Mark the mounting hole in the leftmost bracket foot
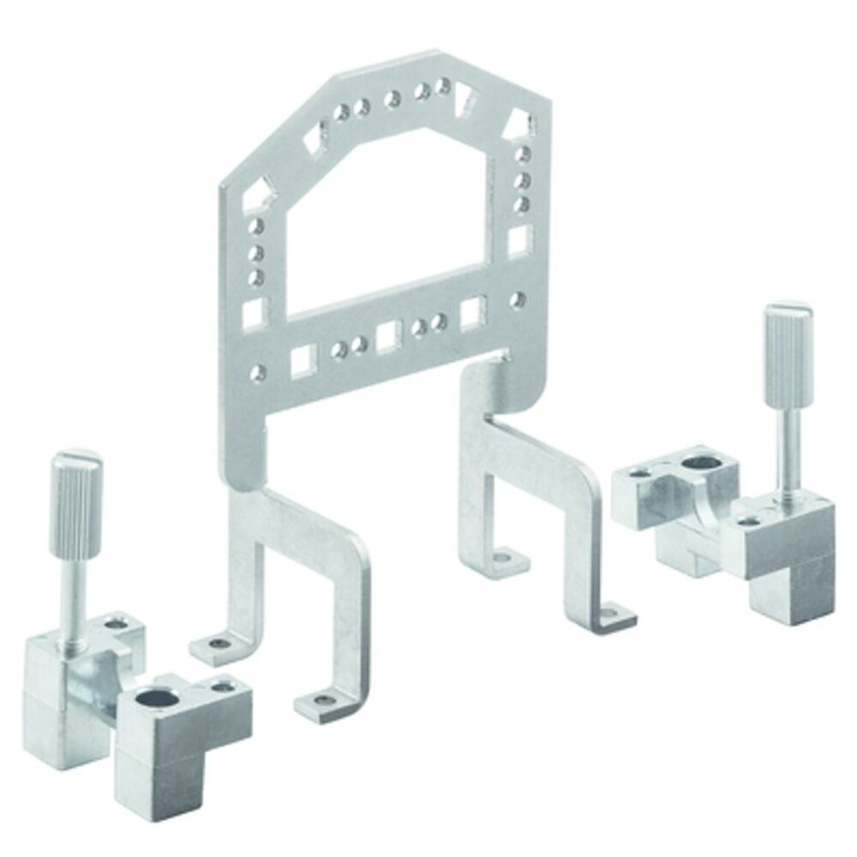coord(221,644)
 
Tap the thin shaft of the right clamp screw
coord(782,454)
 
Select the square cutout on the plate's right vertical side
coord(518,242)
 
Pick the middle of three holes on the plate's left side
coord(255,254)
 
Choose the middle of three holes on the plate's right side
coord(523,180)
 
